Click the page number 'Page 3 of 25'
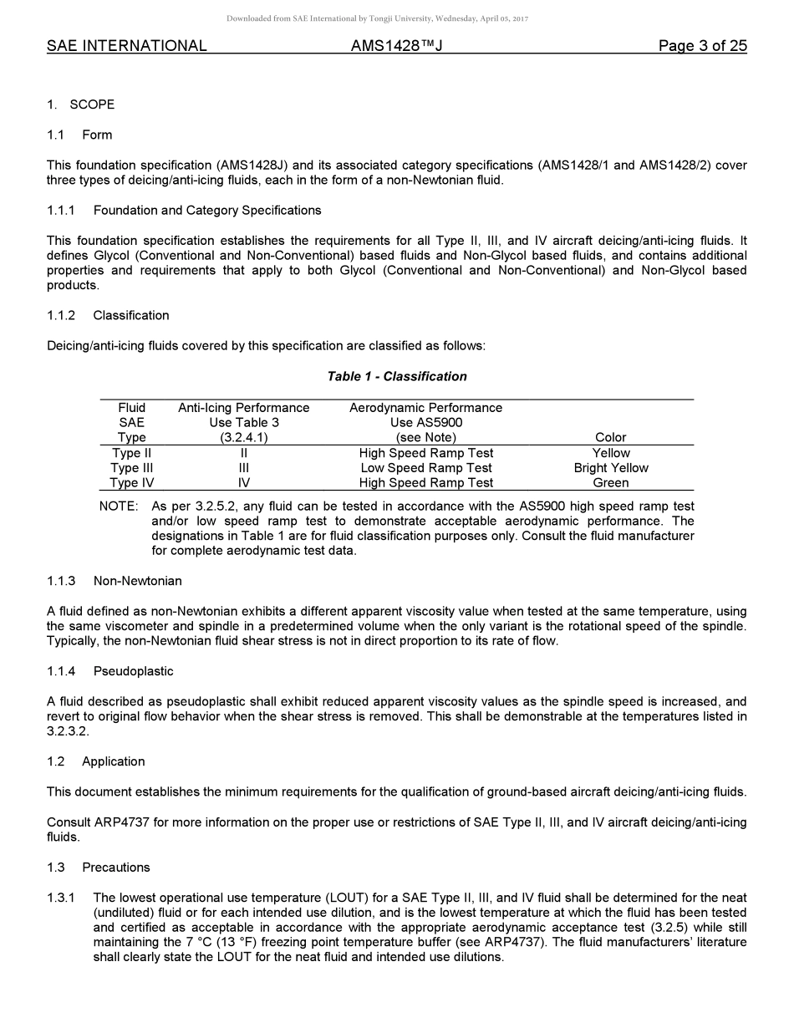(702, 46)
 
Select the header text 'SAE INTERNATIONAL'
(127, 46)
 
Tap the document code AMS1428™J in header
(396, 46)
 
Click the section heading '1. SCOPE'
(80, 104)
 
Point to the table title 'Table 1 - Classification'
(396, 376)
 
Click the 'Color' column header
(610, 437)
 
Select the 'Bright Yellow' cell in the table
(610, 468)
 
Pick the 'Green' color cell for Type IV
(610, 483)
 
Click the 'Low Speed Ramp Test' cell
(425, 468)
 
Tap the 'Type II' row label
(131, 453)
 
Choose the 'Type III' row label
(131, 468)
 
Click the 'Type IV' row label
(131, 483)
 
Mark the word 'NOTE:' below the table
(118, 506)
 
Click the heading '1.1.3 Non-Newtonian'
(115, 581)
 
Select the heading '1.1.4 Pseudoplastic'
(110, 671)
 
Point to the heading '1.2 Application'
(96, 761)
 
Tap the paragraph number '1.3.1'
(61, 898)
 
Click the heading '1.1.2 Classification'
(108, 315)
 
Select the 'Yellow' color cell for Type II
(610, 453)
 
